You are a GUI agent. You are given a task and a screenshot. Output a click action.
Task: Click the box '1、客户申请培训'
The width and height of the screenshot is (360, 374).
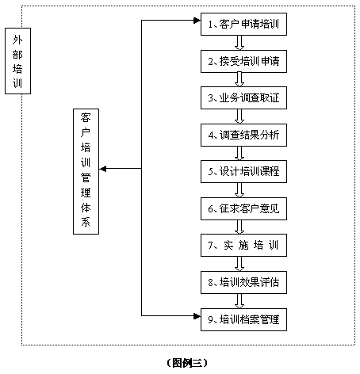pos(243,24)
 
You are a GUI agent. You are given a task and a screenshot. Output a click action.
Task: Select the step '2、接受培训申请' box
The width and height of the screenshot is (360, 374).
pos(243,61)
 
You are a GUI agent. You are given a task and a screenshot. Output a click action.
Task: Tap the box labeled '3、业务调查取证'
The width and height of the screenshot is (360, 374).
pos(243,97)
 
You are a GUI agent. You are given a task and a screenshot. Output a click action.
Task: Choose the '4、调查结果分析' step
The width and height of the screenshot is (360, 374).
pos(243,135)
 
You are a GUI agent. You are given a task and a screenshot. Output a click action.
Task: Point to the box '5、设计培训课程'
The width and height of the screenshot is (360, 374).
pos(243,171)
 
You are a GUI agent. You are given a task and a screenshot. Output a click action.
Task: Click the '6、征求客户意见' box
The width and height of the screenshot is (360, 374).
pos(243,208)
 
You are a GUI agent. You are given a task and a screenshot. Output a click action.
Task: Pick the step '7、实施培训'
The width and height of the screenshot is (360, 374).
pos(243,245)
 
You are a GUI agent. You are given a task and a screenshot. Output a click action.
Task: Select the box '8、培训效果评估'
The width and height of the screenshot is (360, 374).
pos(243,282)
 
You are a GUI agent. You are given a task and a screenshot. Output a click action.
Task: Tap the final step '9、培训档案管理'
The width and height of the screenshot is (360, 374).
pos(243,319)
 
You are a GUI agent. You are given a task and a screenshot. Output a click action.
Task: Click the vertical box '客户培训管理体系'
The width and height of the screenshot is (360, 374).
pos(86,171)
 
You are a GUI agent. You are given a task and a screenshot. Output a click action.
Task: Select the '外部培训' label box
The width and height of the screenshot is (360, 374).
pos(17,61)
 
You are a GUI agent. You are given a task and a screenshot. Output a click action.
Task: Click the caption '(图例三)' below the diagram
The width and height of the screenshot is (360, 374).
pos(187,363)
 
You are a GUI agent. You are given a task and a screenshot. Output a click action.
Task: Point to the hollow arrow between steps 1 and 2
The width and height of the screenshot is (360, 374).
pos(239,43)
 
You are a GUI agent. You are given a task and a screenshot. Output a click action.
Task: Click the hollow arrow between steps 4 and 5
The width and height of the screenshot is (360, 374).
pos(239,153)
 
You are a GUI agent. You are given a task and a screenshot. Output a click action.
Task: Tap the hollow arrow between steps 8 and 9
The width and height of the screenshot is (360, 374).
pos(239,301)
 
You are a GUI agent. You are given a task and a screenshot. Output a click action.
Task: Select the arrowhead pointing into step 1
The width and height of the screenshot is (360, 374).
pos(197,21)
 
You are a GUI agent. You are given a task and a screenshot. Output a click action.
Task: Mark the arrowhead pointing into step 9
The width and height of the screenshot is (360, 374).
pos(197,316)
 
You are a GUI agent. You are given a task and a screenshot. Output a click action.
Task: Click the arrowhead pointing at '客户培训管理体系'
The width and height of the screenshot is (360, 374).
pos(103,169)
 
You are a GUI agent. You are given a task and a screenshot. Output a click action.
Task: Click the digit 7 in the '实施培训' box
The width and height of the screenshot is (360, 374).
pos(210,246)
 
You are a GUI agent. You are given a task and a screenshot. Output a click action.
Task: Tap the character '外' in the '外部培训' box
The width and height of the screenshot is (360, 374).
pos(17,40)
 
